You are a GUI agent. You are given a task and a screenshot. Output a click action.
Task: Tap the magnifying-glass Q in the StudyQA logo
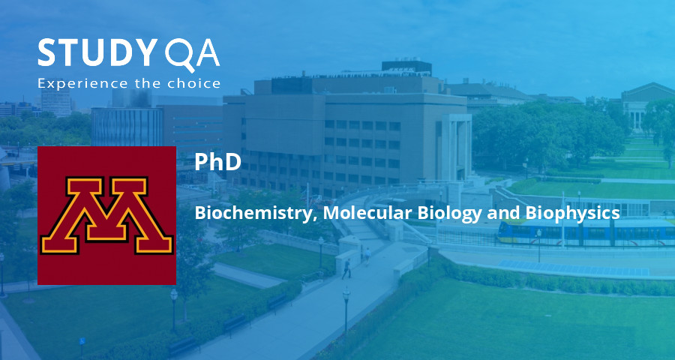[178, 54]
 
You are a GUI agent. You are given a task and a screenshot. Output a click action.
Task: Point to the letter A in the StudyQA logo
[205, 53]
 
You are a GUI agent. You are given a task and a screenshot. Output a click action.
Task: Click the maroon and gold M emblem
[106, 215]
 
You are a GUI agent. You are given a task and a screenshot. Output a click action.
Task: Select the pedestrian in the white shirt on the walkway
[367, 255]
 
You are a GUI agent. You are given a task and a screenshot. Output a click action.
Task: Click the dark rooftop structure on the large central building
[406, 67]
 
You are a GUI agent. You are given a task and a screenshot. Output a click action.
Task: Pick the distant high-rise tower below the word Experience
[55, 102]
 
